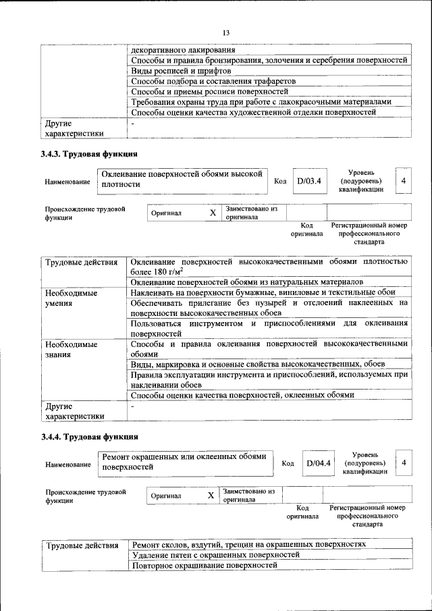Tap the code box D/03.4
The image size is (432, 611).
[x=310, y=181]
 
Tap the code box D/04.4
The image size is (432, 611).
[x=317, y=463]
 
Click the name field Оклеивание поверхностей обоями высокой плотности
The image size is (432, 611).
[x=182, y=179]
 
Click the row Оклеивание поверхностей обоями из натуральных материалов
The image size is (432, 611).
[x=247, y=281]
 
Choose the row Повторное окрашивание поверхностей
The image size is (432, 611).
[x=205, y=564]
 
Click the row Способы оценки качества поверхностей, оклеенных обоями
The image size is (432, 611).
[x=242, y=395]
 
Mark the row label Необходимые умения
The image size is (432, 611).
[x=71, y=298]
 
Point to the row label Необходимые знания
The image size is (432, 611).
[x=71, y=349]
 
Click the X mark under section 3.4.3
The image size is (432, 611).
[x=213, y=213]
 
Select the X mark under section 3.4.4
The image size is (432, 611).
[x=211, y=496]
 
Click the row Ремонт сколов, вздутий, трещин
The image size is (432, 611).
[x=249, y=543]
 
